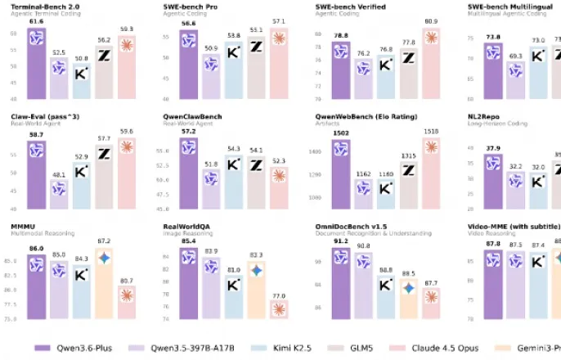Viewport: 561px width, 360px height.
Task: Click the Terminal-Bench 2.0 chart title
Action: [x=44, y=7]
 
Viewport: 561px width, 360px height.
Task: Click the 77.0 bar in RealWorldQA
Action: [x=280, y=308]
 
